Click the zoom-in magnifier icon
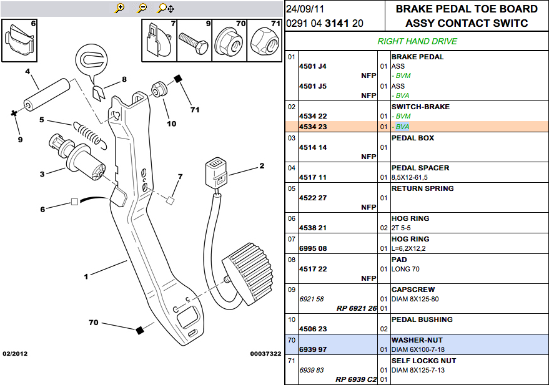tap(120, 8)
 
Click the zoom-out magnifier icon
tap(142, 8)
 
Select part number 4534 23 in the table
tap(313, 127)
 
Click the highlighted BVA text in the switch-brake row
tap(402, 127)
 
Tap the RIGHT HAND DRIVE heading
tap(417, 41)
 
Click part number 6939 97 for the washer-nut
tap(313, 349)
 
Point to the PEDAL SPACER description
tap(420, 168)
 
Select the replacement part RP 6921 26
tap(357, 308)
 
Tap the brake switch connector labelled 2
tap(216, 173)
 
